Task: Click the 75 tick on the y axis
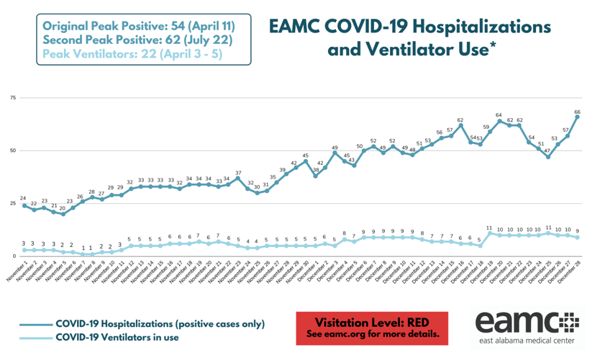tap(12, 97)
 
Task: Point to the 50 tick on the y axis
tap(12, 150)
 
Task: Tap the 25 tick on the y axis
tap(12, 204)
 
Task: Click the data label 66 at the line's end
tap(578, 112)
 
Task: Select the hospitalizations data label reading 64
tap(499, 115)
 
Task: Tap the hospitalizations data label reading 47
tap(547, 151)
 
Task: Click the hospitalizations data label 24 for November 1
tap(24, 199)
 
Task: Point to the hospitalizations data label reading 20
tap(63, 208)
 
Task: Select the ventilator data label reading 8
tap(344, 234)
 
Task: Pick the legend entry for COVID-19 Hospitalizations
tap(160, 323)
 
